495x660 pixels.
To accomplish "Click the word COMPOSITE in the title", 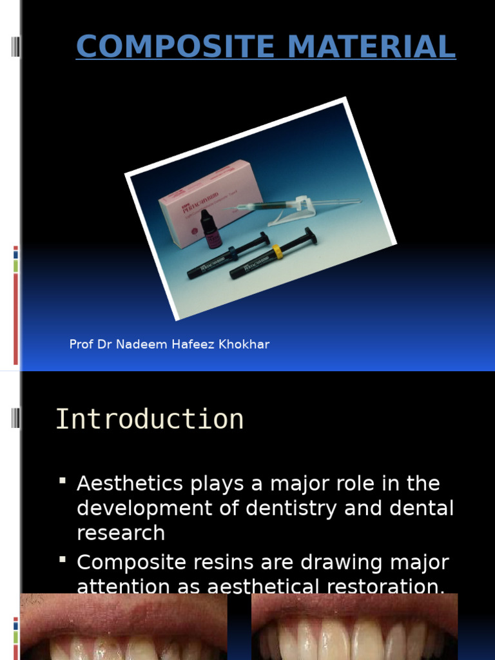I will [162, 46].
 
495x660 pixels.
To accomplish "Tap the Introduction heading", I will [149, 419].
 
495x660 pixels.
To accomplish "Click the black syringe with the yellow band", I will [273, 253].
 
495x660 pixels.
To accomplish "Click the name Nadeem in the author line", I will [142, 344].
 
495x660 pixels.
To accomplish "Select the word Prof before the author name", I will [81, 344].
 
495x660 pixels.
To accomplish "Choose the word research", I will [121, 533].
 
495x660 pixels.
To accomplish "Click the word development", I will [137, 508].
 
